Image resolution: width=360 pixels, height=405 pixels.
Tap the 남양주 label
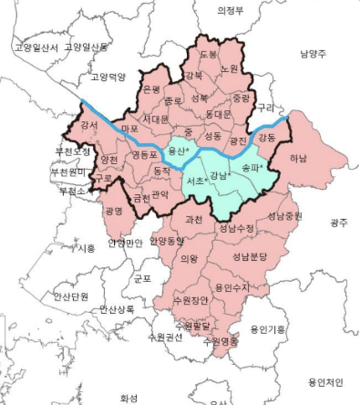point(313,55)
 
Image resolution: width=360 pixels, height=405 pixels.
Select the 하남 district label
point(298,158)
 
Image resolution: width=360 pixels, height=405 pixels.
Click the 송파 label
point(252,168)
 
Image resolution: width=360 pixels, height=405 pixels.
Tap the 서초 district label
point(195,182)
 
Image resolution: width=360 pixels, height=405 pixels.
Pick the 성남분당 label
point(250,257)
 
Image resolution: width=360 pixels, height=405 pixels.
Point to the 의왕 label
point(189,258)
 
